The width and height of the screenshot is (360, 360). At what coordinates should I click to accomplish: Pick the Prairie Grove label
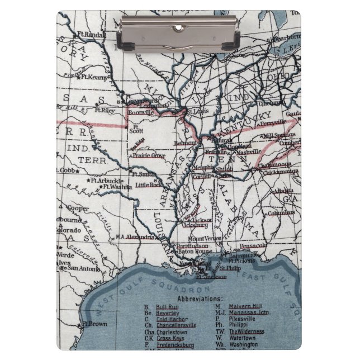(148, 155)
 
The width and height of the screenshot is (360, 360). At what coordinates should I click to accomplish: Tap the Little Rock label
(148, 184)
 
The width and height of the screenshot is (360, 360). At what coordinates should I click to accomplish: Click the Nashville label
(248, 152)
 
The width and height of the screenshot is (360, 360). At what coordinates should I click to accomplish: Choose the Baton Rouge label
(195, 252)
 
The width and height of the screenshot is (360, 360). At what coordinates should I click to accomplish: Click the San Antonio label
(84, 269)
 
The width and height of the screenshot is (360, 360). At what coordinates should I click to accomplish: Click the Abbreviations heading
(199, 299)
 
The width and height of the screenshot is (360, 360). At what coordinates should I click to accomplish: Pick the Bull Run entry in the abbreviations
(167, 307)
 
